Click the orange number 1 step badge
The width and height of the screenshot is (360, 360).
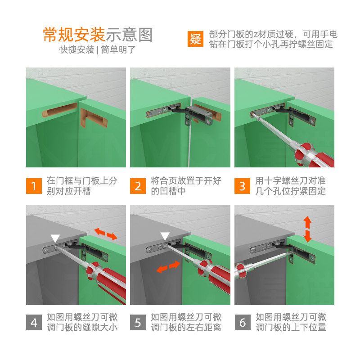[x=34, y=186]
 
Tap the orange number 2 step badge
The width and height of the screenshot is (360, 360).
[x=138, y=186]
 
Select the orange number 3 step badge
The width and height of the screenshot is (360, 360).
[x=242, y=186]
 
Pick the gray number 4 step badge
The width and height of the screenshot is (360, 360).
[x=34, y=322]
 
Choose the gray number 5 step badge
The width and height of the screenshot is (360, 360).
[x=138, y=322]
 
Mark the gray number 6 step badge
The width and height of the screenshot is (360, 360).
[x=243, y=322]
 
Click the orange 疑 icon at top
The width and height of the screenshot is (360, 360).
[x=195, y=39]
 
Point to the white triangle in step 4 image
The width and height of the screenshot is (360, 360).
[x=55, y=238]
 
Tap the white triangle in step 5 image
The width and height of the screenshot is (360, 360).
[x=165, y=236]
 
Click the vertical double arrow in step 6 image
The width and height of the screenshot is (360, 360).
[x=307, y=229]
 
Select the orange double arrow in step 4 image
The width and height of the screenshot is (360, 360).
[x=106, y=234]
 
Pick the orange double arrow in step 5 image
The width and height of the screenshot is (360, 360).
[x=168, y=267]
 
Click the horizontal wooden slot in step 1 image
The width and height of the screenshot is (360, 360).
[x=60, y=110]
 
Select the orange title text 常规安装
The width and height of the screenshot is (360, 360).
[x=74, y=35]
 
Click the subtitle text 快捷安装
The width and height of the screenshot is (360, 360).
[x=77, y=49]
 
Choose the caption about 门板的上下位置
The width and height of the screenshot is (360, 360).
[x=291, y=322]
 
